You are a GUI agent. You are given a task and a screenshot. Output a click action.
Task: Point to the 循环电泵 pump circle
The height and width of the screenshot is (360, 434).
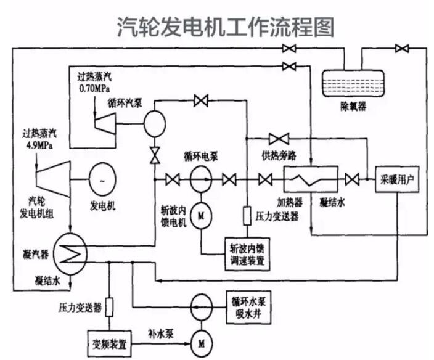(x=201, y=179)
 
